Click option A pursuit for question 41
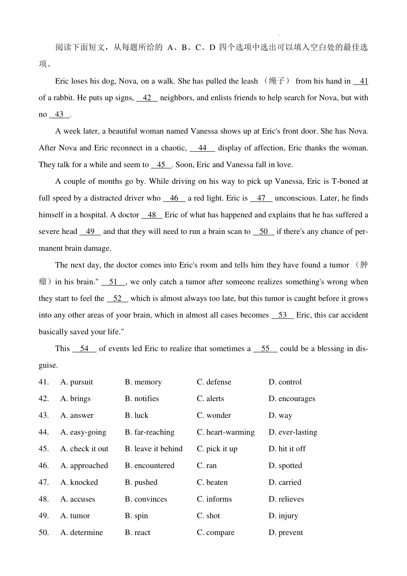77,382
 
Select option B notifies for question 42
142,399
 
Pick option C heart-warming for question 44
226,432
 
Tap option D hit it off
287,449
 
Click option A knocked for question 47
79,482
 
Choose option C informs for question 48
214,499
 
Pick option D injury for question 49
283,516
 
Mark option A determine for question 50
81,533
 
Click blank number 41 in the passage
362,81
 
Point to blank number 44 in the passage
202,148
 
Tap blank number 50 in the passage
264,232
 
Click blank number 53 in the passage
283,315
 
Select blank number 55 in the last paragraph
266,349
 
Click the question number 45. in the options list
44,449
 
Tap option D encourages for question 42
292,399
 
